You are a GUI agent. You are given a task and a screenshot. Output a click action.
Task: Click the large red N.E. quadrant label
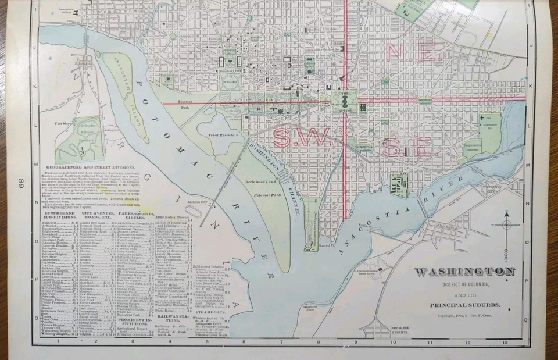(x=410, y=54)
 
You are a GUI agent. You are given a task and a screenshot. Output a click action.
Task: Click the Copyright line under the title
(x=464, y=316)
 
